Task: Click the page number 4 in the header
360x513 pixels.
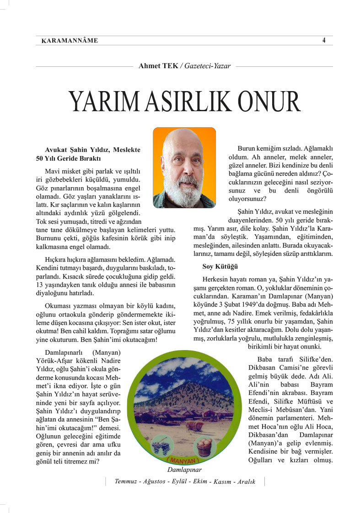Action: pos(323,40)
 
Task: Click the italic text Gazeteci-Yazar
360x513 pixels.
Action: pos(208,66)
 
